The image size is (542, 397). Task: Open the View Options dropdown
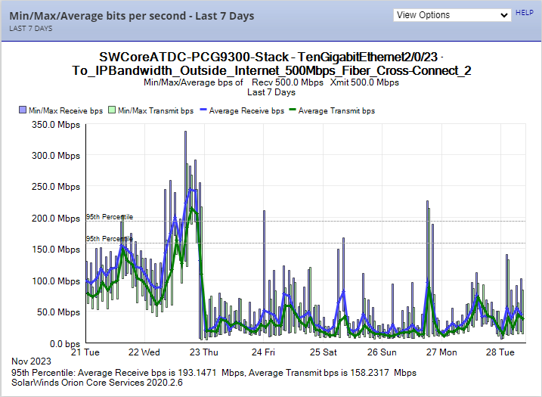point(452,15)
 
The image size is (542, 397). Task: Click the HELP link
point(524,13)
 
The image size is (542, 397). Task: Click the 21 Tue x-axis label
point(85,352)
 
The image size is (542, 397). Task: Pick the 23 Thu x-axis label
point(204,352)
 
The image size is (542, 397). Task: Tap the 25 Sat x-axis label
point(322,352)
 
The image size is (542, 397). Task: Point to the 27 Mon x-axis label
point(441,352)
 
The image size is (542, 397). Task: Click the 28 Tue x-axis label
point(500,352)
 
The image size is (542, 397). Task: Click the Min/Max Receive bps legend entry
point(60,110)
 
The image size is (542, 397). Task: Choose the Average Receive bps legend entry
point(240,110)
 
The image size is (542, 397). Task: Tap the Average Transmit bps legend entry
point(331,110)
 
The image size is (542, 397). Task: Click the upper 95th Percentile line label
point(110,217)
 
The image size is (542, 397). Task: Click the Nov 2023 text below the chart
point(30,363)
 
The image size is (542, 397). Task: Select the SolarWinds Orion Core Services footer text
point(97,383)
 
